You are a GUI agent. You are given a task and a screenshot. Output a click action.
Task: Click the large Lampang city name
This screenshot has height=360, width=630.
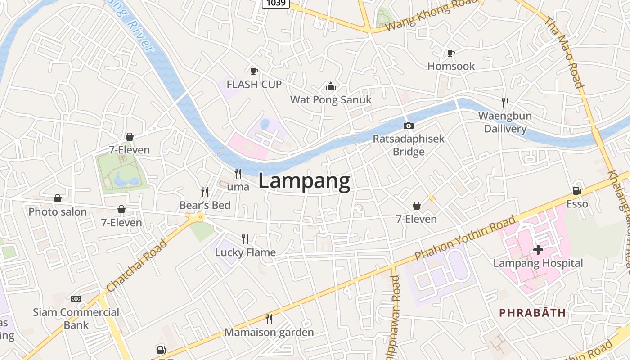304,181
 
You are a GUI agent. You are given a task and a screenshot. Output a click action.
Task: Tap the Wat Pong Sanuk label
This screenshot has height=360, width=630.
331,99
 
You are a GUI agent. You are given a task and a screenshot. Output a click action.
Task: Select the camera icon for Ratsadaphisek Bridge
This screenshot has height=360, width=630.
408,126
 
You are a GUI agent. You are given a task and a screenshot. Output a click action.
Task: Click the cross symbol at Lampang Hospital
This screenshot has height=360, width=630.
538,249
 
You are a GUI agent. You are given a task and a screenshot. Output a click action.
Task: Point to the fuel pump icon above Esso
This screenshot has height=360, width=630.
577,191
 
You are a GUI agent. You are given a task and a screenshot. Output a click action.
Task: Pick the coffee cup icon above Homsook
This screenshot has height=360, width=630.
451,53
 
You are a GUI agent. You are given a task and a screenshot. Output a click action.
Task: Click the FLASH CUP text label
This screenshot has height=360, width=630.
254,84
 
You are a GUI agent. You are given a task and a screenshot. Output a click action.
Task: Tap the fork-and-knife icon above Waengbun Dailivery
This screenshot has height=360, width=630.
505,103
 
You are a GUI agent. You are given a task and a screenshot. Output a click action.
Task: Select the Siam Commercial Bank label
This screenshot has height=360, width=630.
76,319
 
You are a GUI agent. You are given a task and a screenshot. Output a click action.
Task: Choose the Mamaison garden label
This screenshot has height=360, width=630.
269,333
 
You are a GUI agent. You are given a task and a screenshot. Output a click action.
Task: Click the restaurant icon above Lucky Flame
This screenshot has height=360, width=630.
245,238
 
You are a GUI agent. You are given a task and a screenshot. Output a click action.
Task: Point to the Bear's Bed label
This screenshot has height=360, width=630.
205,205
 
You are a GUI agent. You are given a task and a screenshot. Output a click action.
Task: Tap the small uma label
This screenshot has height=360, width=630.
238,186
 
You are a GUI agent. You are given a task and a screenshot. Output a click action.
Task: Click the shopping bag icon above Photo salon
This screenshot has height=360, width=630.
58,198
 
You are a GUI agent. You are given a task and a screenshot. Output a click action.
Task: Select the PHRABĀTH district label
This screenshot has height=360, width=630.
532,313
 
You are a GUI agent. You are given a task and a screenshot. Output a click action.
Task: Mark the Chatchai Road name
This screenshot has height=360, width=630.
137,265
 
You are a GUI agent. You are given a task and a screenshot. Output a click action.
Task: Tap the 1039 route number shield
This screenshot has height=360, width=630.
275,3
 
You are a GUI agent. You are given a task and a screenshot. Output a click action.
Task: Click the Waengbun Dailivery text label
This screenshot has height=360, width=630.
505,122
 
